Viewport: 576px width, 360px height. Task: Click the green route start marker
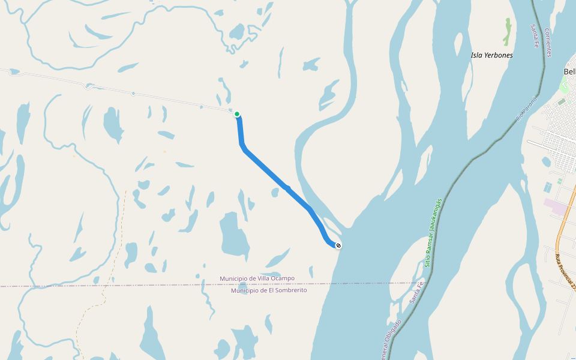click(x=237, y=114)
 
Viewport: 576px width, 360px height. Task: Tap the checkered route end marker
click(x=338, y=245)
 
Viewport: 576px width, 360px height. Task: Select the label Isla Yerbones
click(x=491, y=55)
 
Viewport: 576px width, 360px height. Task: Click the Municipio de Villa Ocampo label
click(x=257, y=278)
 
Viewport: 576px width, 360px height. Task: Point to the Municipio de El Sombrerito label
click(x=269, y=290)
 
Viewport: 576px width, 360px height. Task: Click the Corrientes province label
click(x=548, y=43)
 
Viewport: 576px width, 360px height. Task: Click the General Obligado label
click(x=384, y=344)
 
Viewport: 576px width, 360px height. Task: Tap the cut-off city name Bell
click(x=569, y=71)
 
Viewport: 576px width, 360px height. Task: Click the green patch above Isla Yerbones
click(x=508, y=31)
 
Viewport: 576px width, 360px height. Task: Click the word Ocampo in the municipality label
click(x=280, y=278)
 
